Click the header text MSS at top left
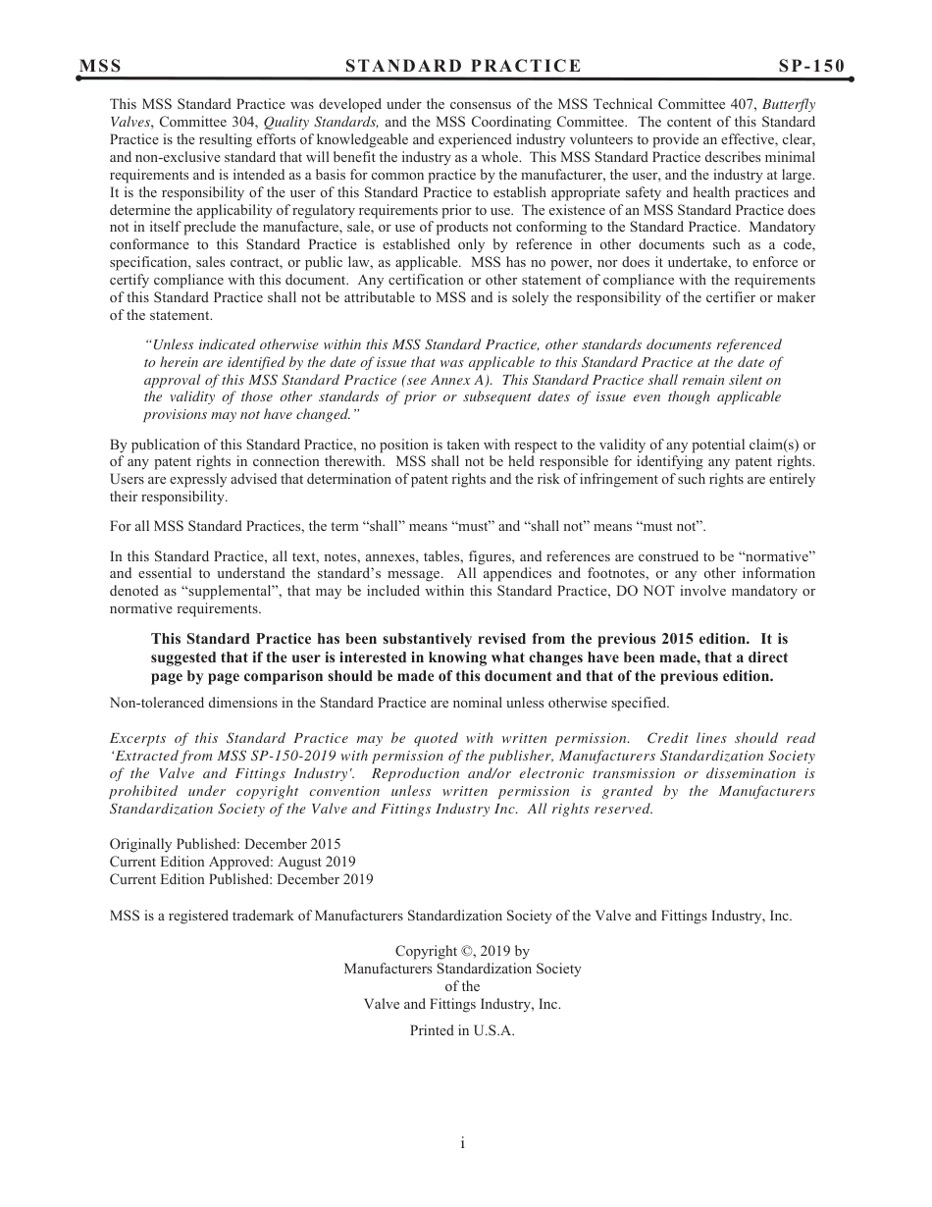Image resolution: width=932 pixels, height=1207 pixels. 101,67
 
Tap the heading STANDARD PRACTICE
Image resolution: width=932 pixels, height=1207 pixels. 463,67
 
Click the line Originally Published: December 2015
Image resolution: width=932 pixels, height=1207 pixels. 225,844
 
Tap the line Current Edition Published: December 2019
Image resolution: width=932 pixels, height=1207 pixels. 240,879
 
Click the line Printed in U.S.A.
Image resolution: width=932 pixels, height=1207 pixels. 462,1030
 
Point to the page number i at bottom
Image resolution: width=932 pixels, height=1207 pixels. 462,1143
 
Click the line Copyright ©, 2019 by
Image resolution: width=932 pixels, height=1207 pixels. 462,951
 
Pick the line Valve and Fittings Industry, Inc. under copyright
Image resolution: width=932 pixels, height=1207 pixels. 462,1004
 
